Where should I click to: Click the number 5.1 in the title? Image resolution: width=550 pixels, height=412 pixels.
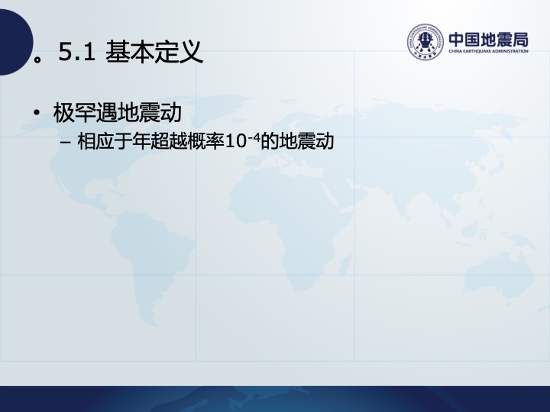[x=77, y=52]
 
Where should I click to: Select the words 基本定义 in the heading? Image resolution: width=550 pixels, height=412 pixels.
[x=154, y=52]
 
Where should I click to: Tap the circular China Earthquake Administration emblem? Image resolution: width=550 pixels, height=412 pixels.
[x=425, y=42]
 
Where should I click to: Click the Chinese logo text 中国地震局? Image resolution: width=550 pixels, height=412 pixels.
[x=488, y=40]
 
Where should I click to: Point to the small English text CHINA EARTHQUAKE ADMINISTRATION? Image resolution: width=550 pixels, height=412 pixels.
[x=488, y=51]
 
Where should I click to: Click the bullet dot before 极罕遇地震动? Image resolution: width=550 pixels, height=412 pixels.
[x=37, y=113]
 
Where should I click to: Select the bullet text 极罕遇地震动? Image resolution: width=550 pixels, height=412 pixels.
[x=118, y=113]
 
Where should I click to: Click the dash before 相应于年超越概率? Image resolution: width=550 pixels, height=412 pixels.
[x=66, y=142]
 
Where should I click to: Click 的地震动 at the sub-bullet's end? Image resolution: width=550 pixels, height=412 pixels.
[x=296, y=142]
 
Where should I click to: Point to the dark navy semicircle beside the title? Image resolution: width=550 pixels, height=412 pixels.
[x=16, y=42]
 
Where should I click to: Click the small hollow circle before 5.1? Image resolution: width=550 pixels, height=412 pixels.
[x=37, y=60]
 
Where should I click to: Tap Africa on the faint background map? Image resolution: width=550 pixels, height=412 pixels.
[x=291, y=220]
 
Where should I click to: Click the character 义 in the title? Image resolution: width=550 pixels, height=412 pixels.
[x=192, y=52]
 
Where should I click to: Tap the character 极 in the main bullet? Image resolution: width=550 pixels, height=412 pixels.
[x=64, y=113]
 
